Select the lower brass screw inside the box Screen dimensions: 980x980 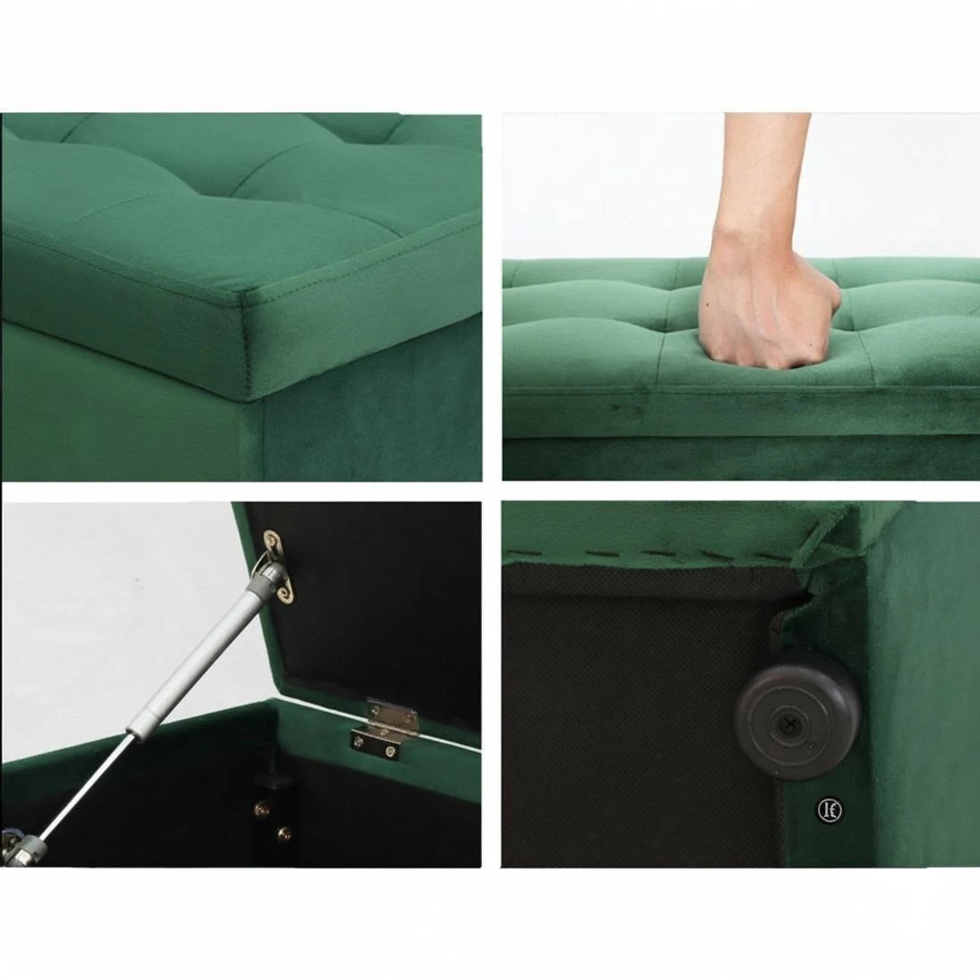(286, 833)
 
